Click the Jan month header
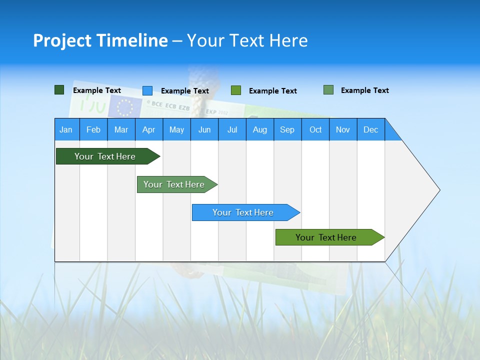pos(66,129)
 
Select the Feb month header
pos(93,129)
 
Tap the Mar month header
pos(121,129)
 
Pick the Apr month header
pos(149,129)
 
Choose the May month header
pos(176,129)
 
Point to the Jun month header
pos(204,129)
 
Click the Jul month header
pos(232,129)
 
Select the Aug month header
pos(260,129)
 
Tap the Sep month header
pos(287,129)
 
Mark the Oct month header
pos(315,129)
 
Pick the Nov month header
pos(343,129)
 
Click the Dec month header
pos(371,129)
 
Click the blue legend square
pos(147,90)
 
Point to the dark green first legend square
pos(59,90)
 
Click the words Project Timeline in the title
pos(100,40)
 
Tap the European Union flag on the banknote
pos(124,106)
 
